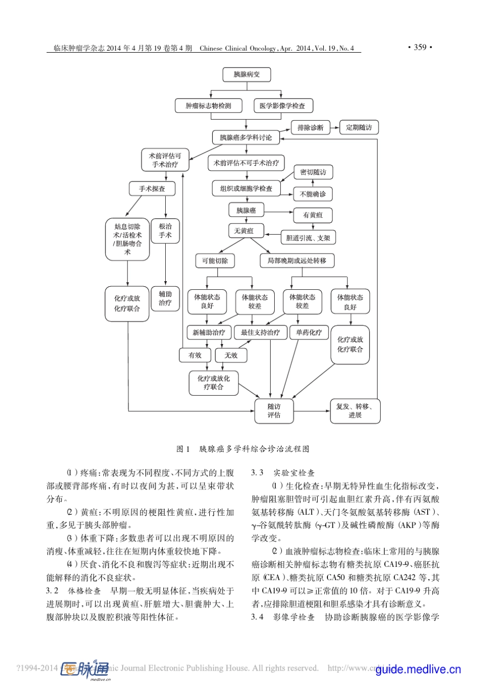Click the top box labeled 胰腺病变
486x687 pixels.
(x=247, y=75)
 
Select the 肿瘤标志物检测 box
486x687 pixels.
(x=208, y=106)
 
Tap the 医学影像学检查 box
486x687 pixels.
(x=282, y=106)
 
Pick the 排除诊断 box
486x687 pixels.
(x=311, y=127)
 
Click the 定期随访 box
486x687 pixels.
(x=359, y=127)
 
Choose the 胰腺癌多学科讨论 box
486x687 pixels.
(x=246, y=138)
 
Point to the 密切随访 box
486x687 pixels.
(x=313, y=172)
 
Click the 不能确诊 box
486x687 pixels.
(x=313, y=194)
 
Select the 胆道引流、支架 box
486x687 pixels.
(x=308, y=238)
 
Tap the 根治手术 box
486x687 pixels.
(x=165, y=231)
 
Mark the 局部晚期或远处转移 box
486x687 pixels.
(x=297, y=261)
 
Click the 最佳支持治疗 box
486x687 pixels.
(x=260, y=332)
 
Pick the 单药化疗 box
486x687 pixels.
(x=309, y=332)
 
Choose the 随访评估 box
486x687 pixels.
(x=274, y=410)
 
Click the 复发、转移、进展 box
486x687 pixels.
(x=355, y=410)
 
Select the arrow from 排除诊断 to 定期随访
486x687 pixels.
(x=334, y=127)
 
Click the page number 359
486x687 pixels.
(x=420, y=48)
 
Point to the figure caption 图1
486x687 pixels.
(x=183, y=449)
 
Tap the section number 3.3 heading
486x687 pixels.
(x=257, y=473)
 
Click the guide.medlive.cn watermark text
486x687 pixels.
(x=418, y=669)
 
